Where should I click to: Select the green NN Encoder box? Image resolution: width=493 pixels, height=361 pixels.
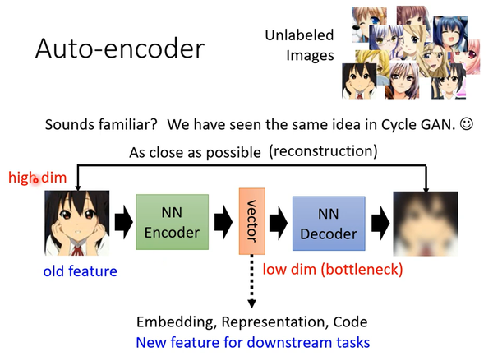pyautogui.click(x=168, y=223)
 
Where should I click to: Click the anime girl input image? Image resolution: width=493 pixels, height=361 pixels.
pyautogui.click(x=77, y=223)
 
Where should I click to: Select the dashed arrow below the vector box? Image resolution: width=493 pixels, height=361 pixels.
pyautogui.click(x=250, y=280)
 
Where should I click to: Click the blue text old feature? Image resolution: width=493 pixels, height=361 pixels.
pyautogui.click(x=81, y=271)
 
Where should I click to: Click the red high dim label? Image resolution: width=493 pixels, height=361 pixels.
pyautogui.click(x=32, y=178)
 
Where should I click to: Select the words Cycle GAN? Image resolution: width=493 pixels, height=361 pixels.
pyautogui.click(x=408, y=126)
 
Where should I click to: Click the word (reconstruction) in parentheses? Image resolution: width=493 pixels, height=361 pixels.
pyautogui.click(x=323, y=151)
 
